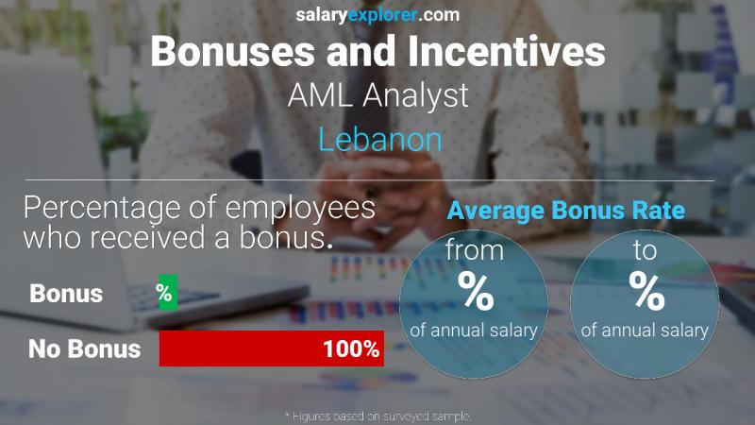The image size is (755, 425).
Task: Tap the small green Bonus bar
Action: pos(167,294)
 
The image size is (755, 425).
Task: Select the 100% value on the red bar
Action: pos(351,349)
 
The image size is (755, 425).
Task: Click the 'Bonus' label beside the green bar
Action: pos(66,294)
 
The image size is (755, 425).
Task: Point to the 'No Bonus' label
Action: pos(84,349)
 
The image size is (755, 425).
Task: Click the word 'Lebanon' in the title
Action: pos(379,140)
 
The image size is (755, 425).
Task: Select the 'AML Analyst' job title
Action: pos(378,95)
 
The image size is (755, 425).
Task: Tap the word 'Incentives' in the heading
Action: pos(501,51)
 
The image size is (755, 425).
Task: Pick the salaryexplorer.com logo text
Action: pos(377,14)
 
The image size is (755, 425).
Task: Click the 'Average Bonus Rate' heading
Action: pos(565,211)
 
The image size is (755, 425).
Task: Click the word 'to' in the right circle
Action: pos(646,253)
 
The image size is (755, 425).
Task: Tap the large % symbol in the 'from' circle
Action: pos(475,292)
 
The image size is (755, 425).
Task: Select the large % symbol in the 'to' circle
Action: pos(646,292)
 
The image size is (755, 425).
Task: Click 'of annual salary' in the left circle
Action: pos(474,331)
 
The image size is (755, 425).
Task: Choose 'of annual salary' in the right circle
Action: pos(646,331)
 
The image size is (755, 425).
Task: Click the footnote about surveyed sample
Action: pos(377,416)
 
